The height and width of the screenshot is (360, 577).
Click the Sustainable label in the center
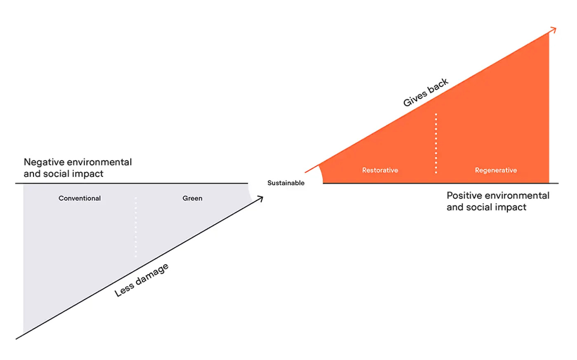point(286,183)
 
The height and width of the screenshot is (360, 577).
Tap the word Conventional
point(80,198)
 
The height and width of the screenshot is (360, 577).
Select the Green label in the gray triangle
point(192,198)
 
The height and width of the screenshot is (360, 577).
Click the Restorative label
point(380,170)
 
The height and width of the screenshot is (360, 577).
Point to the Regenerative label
point(495,170)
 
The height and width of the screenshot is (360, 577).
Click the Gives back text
point(425,92)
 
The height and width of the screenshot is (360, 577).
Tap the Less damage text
point(141,280)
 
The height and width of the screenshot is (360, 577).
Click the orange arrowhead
point(554,30)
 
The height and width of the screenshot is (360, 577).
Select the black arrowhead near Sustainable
point(260,199)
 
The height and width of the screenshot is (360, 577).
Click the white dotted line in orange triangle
point(436,143)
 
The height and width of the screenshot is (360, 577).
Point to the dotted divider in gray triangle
point(136,227)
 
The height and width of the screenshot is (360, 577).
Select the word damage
point(152,274)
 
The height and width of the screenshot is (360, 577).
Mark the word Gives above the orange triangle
point(414,99)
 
